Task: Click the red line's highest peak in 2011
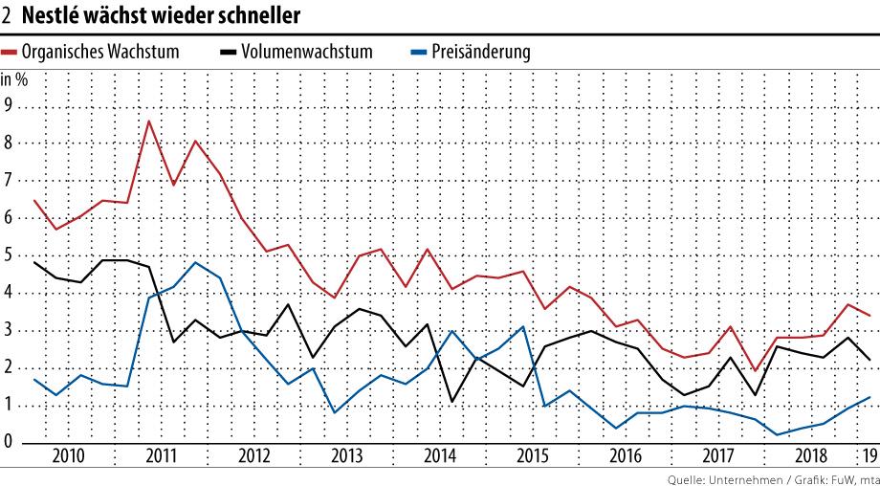149,121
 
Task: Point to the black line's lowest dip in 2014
451,402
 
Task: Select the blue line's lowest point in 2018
777,434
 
